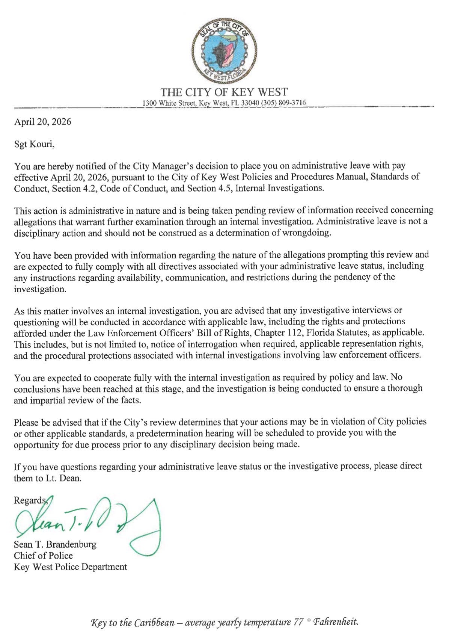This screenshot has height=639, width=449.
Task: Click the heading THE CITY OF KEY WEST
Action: [x=224, y=92]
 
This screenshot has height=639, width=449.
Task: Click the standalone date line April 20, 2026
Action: [x=42, y=122]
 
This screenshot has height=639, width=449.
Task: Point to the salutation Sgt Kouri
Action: [x=34, y=144]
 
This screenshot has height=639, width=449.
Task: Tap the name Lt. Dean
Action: [x=66, y=479]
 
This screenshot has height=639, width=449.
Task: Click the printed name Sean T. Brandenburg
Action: [x=55, y=544]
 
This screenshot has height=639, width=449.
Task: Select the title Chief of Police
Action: [x=43, y=556]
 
